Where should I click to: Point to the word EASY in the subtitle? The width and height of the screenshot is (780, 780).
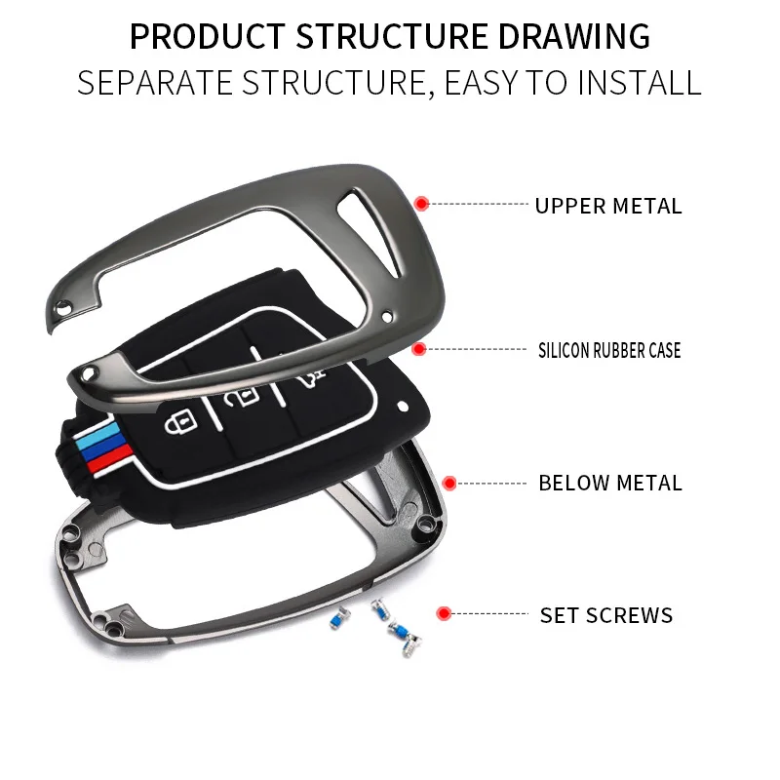[489, 82]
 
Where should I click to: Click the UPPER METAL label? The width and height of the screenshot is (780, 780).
[607, 206]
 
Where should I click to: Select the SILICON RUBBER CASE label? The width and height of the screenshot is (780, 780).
[609, 350]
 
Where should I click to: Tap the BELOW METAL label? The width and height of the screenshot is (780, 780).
[610, 483]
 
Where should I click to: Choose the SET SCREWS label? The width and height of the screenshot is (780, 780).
[606, 615]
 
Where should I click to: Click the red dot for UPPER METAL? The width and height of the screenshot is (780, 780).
[421, 204]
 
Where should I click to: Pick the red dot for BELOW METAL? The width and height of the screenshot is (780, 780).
[449, 483]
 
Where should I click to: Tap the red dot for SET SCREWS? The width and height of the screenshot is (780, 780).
[444, 614]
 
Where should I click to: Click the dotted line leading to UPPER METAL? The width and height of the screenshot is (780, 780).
[478, 205]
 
